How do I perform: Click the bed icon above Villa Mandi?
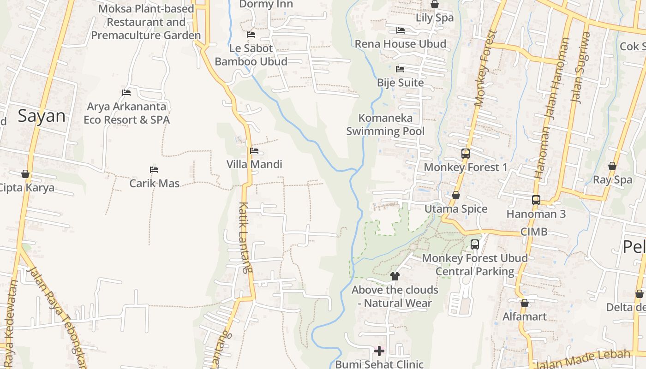[x=254, y=151]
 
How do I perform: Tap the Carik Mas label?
[x=154, y=183]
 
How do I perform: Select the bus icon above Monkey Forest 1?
[x=465, y=154]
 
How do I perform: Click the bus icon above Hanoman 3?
[x=536, y=200]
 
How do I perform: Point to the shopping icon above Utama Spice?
[x=455, y=196]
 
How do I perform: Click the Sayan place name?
[x=42, y=116]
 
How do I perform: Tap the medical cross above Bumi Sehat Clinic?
[x=379, y=351]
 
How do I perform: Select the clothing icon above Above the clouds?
[x=395, y=276]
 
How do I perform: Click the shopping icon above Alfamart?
[x=524, y=303]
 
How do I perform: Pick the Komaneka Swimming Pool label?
[x=385, y=125]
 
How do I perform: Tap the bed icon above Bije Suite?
[x=400, y=69]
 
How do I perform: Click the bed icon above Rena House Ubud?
[x=400, y=30]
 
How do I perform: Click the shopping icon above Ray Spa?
[x=612, y=166]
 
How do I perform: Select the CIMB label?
[x=534, y=232]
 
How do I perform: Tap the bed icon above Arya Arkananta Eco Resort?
[x=126, y=93]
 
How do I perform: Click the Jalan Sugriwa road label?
[x=580, y=67]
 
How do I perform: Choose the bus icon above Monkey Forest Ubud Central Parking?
[x=474, y=244]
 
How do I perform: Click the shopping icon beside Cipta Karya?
[x=25, y=174]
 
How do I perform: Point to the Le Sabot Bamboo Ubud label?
[x=251, y=55]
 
